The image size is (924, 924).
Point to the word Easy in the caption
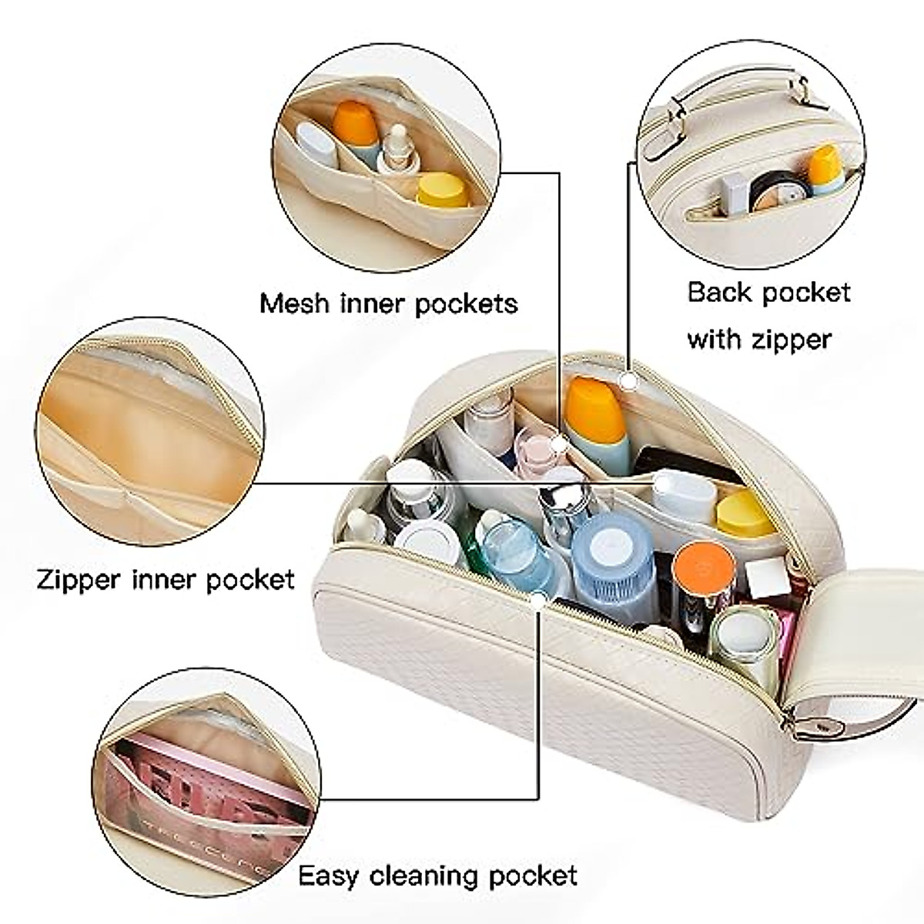328,876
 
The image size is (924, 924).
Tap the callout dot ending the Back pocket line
630,380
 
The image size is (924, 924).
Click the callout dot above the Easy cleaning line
539,597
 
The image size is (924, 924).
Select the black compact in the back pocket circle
770,189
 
